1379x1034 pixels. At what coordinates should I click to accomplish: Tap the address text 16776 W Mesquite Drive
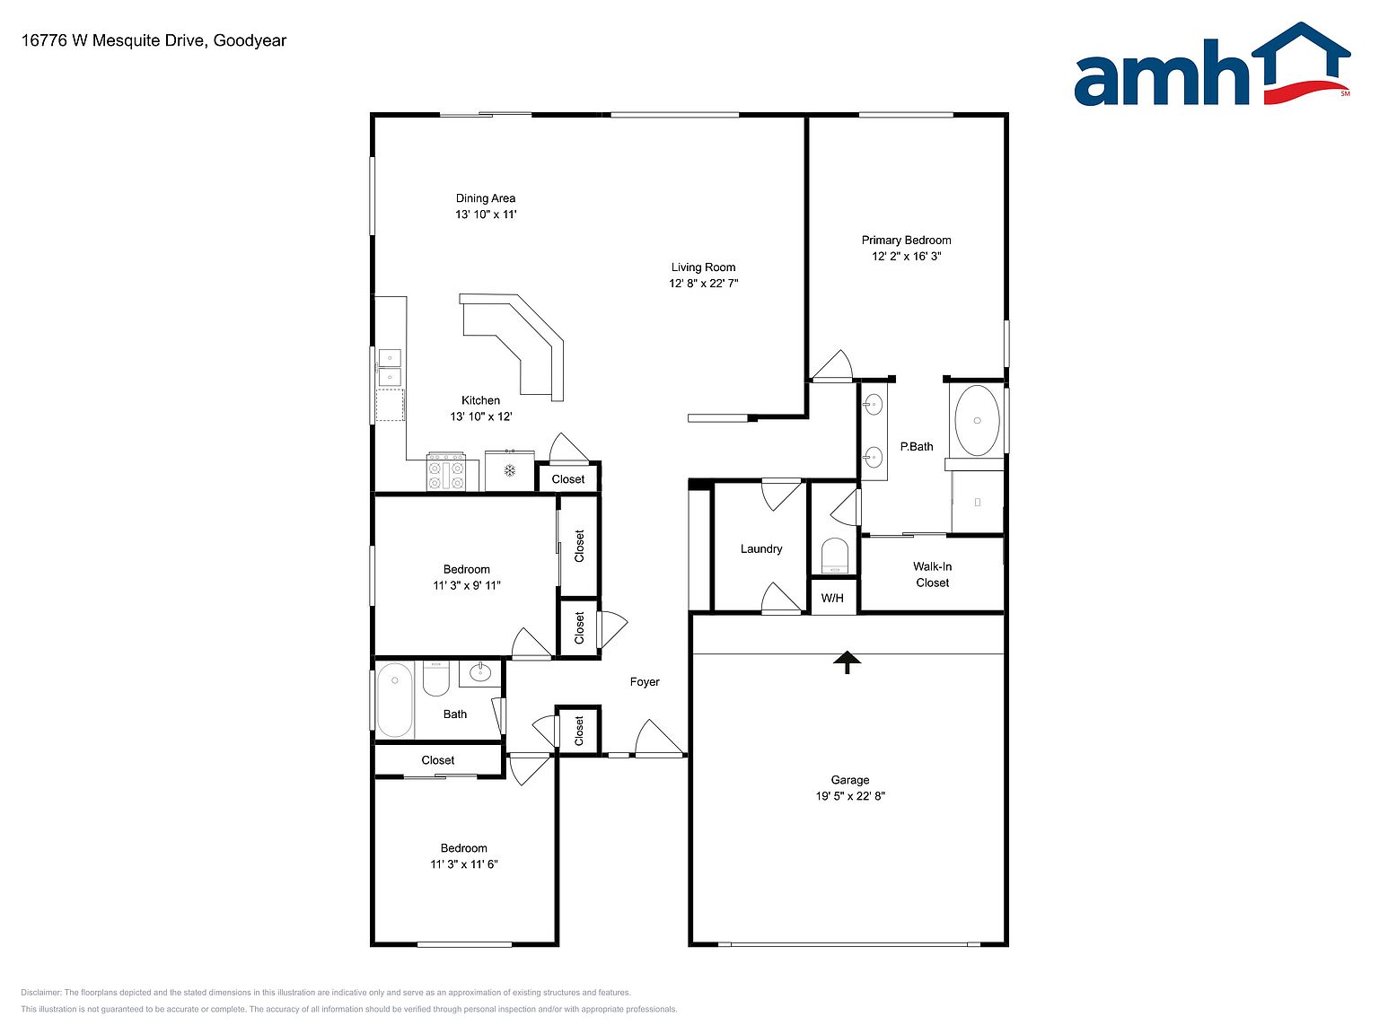[113, 40]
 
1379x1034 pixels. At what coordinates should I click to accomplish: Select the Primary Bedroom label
[906, 240]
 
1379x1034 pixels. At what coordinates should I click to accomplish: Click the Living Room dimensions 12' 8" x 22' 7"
[703, 283]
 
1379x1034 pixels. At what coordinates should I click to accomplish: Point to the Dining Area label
[485, 198]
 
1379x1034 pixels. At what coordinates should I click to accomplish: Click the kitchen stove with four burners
[445, 471]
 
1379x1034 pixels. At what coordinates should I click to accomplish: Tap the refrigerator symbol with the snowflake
[510, 470]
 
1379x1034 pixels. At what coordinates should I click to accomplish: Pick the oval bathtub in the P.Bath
[977, 420]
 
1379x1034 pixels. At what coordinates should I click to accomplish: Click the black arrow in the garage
[847, 662]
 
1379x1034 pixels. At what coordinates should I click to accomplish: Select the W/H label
[831, 599]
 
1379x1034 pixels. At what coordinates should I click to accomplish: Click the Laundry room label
[760, 548]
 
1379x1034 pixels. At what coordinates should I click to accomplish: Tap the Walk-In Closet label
[932, 574]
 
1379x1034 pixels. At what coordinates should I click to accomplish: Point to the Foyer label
[645, 682]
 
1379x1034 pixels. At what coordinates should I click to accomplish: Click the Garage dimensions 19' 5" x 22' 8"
[850, 796]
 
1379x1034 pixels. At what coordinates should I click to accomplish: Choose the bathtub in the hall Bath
[394, 699]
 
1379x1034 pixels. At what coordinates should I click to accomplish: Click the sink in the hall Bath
[480, 672]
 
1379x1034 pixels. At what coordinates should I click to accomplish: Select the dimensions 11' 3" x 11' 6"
[463, 863]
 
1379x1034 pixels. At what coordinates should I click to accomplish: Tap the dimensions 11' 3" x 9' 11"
[466, 585]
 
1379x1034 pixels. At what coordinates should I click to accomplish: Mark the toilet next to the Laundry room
[834, 556]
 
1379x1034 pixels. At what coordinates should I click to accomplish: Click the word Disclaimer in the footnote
[40, 993]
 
